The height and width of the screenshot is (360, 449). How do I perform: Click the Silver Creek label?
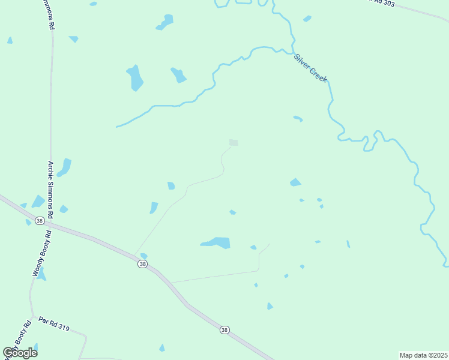click(x=310, y=68)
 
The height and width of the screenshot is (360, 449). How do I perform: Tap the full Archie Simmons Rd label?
click(x=51, y=189)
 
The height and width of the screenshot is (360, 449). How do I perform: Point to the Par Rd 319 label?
click(x=54, y=325)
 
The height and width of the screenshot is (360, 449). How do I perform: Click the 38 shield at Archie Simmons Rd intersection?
click(x=40, y=221)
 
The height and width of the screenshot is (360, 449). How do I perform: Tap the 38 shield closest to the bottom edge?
click(x=224, y=330)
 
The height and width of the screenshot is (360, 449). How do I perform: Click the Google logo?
click(x=20, y=353)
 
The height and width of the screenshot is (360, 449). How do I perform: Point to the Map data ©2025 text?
click(x=424, y=355)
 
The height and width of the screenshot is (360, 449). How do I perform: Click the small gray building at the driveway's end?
click(x=234, y=143)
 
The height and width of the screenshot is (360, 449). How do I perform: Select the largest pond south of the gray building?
click(x=217, y=242)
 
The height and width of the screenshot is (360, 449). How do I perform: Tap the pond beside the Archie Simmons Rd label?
click(x=64, y=167)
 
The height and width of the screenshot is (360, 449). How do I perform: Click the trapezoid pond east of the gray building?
click(x=295, y=182)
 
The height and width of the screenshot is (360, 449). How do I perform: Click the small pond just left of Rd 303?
click(x=307, y=19)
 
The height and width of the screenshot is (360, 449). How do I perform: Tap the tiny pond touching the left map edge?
click(x=10, y=40)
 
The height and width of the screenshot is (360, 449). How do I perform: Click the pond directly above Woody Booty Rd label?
click(x=38, y=201)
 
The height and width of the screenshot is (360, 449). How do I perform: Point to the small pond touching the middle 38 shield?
click(x=143, y=256)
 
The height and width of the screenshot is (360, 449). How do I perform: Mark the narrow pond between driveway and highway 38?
click(x=154, y=208)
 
